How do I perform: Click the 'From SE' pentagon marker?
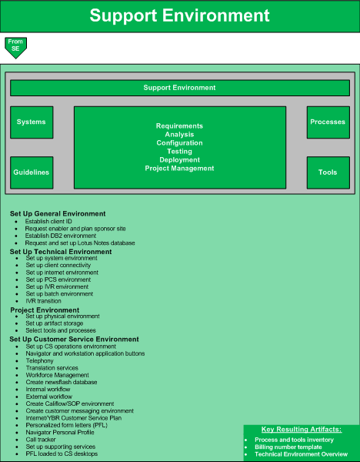tap(15, 47)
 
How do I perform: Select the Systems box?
tap(32, 122)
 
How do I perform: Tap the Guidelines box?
tap(32, 172)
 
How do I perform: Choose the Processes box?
tap(328, 122)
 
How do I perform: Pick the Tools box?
tap(328, 172)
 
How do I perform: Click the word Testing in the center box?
tap(179, 152)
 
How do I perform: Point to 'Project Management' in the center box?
tap(179, 169)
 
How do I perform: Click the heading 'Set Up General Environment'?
tap(58, 213)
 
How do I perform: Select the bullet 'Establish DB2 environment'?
tap(61, 236)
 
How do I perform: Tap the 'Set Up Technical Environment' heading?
tap(61, 252)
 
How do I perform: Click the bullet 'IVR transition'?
tap(44, 301)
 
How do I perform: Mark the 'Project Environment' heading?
tap(45, 310)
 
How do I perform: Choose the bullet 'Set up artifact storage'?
tap(55, 323)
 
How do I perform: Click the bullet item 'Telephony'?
tap(40, 360)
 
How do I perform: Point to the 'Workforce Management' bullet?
tap(58, 375)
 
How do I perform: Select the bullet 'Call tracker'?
tap(41, 440)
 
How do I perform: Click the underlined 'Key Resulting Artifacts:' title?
tap(302, 430)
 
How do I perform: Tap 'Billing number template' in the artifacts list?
tap(288, 447)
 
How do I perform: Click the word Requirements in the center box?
tap(179, 126)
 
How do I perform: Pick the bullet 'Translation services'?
tap(52, 368)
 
